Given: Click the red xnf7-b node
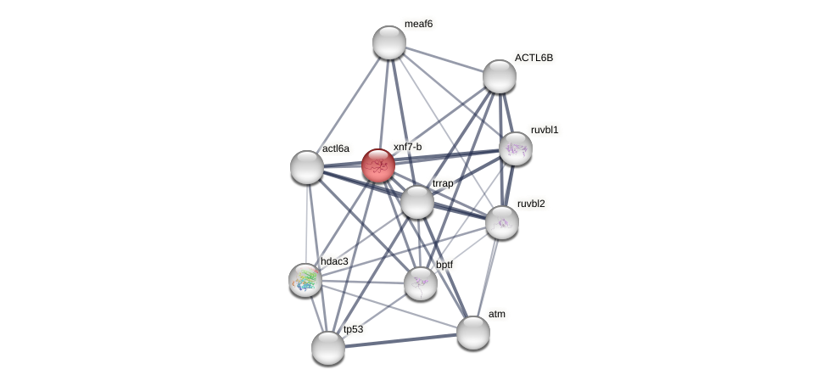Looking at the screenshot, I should [x=377, y=165].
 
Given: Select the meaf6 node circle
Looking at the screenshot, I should [x=389, y=42].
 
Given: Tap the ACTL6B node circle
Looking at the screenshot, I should [x=500, y=76].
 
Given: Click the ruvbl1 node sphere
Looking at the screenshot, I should [x=516, y=148].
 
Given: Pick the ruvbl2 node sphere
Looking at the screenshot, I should [x=502, y=222].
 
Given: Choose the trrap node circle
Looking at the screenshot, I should [x=417, y=202].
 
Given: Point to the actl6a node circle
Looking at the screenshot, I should [x=307, y=167].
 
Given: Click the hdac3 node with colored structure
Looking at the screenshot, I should [x=305, y=280].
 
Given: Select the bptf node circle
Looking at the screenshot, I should [x=421, y=283].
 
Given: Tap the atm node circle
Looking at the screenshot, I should [x=473, y=332].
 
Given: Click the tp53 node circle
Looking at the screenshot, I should [x=328, y=347].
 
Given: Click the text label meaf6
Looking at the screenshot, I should [x=418, y=24].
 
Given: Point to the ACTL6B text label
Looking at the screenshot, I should [x=534, y=58].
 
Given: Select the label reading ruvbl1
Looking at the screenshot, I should [x=545, y=130].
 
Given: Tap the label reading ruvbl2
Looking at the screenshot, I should [x=531, y=204].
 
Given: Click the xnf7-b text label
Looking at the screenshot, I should [x=407, y=147].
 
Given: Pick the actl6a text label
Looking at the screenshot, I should [x=335, y=148].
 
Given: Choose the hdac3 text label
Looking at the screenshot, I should [x=334, y=261].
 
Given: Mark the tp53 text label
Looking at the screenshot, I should [x=353, y=329].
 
